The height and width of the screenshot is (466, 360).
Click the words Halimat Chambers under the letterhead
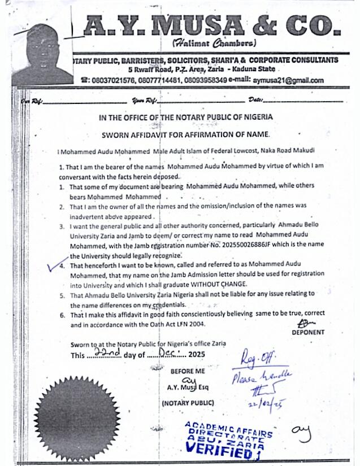coord(214,43)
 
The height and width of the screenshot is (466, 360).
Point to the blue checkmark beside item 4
coord(56,263)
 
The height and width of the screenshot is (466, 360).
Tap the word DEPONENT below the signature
coord(308,333)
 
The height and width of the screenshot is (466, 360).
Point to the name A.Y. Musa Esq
coord(187,387)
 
